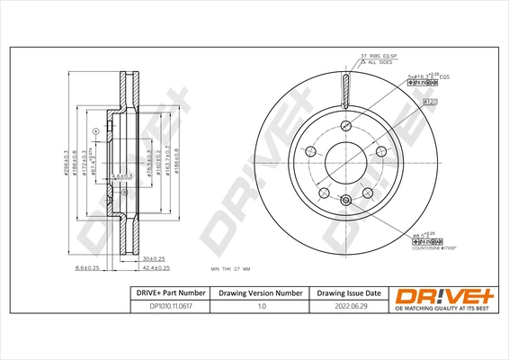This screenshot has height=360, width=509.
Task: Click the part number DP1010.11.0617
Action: tap(156, 308)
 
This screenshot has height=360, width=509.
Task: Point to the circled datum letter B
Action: tap(125, 193)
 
